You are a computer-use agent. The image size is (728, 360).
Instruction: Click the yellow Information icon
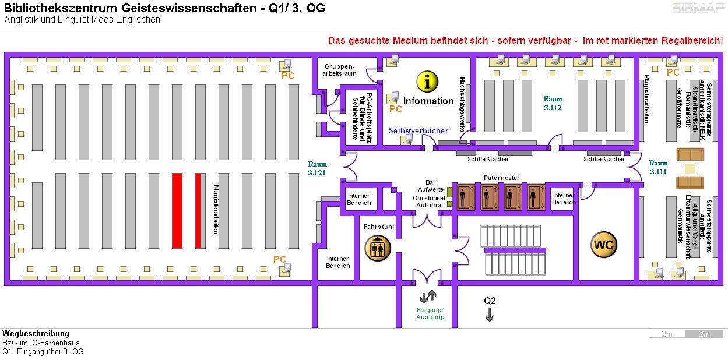tap(428, 82)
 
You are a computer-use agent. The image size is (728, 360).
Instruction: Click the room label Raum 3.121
tap(318, 168)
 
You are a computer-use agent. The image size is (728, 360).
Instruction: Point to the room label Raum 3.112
tap(553, 103)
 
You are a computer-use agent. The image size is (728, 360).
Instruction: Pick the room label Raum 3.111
tap(659, 167)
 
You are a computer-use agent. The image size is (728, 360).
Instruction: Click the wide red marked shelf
tap(177, 210)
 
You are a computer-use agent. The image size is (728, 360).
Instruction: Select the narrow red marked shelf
tap(198, 210)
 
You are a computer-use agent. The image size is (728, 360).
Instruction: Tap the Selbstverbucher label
tap(419, 130)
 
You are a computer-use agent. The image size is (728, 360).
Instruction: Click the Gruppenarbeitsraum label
tap(340, 70)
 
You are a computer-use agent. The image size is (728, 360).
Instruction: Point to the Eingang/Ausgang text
tap(430, 313)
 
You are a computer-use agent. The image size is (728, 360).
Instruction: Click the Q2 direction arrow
tap(490, 315)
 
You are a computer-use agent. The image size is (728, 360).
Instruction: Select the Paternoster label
tap(501, 178)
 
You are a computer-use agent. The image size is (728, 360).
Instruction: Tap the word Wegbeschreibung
tap(36, 334)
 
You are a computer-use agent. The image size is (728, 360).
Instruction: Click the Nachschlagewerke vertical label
tap(463, 105)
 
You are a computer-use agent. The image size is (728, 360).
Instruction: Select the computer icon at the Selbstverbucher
tap(409, 139)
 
